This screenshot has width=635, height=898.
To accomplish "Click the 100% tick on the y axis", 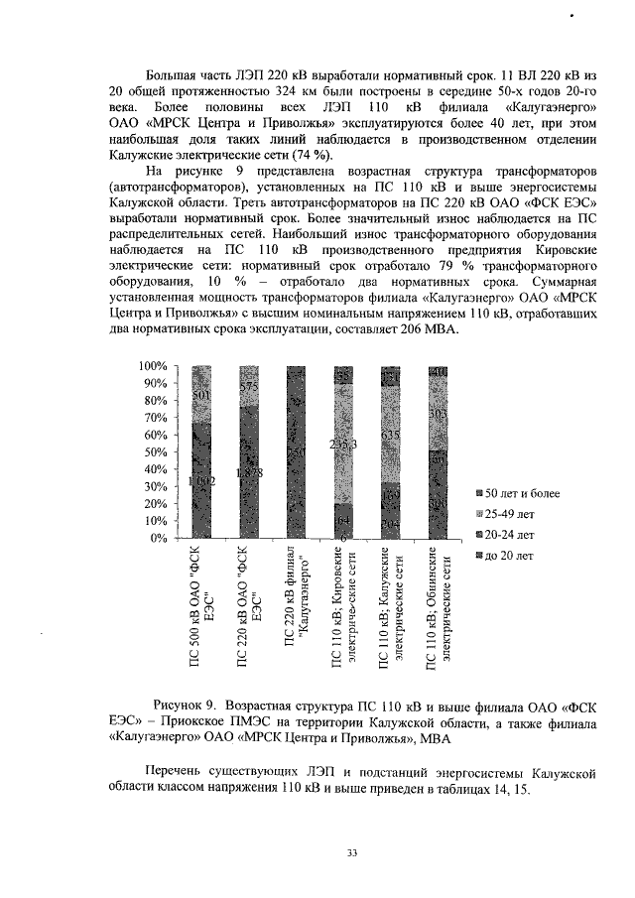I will point(149,366).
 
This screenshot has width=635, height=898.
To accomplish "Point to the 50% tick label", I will point(152,452).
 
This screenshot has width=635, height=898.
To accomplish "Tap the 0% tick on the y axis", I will point(156,538).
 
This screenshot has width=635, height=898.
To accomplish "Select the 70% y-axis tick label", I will point(152,418).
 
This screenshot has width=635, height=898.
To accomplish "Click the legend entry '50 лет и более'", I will point(520,493).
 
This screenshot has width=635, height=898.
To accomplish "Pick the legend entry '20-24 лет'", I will point(509,535).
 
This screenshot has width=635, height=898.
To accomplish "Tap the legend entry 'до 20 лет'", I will point(508,556).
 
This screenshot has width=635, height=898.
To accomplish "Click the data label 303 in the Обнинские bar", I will point(438,411).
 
